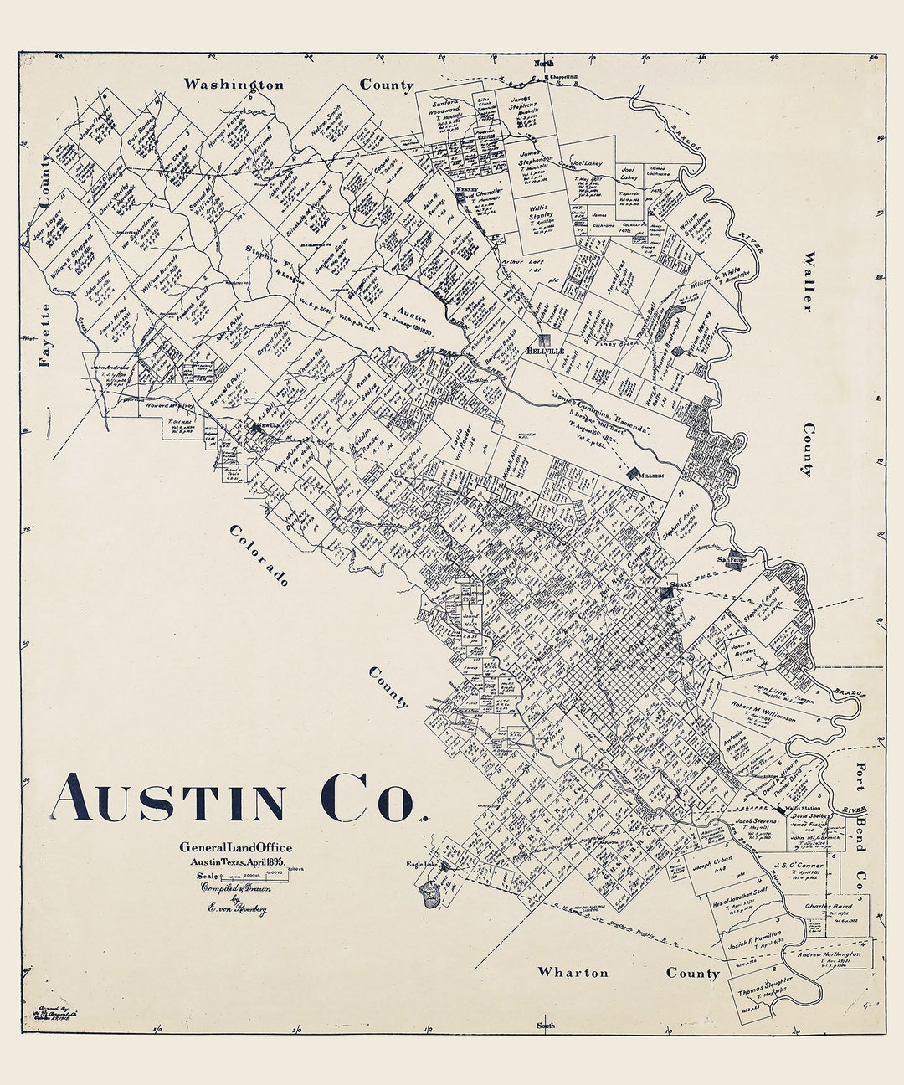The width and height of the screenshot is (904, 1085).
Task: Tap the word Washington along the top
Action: [234, 85]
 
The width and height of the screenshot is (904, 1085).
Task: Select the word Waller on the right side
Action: [808, 281]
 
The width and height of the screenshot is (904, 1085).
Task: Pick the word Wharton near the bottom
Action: [573, 972]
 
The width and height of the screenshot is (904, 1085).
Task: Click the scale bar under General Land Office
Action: [251, 876]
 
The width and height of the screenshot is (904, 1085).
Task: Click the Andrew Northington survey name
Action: [828, 954]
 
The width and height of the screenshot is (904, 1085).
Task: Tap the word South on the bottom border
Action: [545, 1026]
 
